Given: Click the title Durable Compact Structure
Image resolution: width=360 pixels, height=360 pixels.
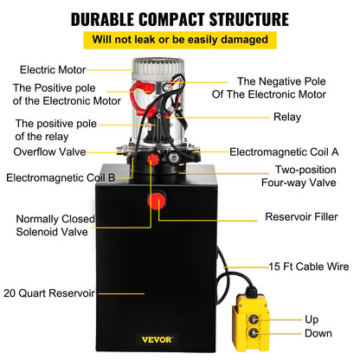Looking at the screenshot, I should pyautogui.click(x=180, y=18).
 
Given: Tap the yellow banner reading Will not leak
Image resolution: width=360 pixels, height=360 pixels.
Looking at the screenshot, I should pyautogui.click(x=180, y=39).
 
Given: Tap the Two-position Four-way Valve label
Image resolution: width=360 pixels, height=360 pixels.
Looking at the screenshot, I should pyautogui.click(x=305, y=177).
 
